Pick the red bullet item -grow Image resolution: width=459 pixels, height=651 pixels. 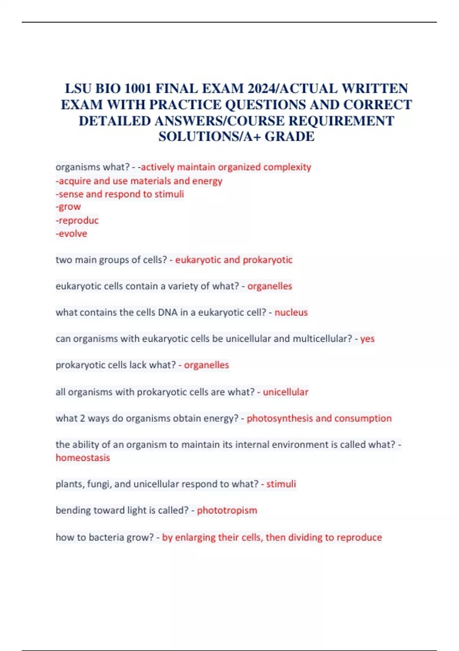coord(68,207)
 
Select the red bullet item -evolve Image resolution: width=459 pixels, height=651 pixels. coord(72,234)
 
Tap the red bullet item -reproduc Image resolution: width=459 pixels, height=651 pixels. coord(77,220)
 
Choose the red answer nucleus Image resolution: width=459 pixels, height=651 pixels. coord(291,312)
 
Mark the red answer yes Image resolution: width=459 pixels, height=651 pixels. coord(367,339)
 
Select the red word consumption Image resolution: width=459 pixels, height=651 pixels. coord(363,418)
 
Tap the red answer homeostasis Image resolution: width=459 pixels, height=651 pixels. coord(83,458)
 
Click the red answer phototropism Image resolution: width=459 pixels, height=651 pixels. coord(227,510)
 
